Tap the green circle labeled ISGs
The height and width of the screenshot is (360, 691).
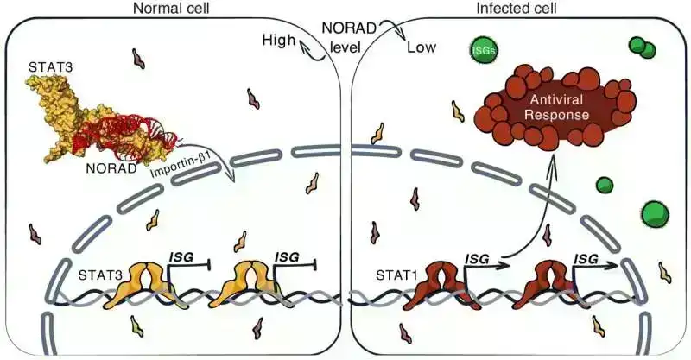pos(482,51)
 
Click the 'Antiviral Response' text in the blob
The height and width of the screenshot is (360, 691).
pos(548,105)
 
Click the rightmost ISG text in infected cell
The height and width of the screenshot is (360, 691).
pos(586,257)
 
